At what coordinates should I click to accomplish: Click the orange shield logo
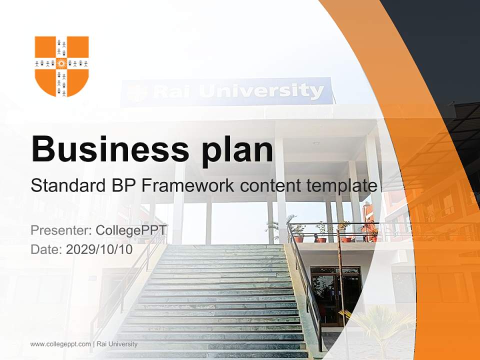pyautogui.click(x=61, y=66)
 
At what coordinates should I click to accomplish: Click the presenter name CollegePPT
pyautogui.click(x=131, y=230)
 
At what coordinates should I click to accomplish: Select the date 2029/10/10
pyautogui.click(x=99, y=249)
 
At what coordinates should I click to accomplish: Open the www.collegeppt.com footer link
pyautogui.click(x=60, y=344)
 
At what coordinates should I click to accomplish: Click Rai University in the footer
pyautogui.click(x=117, y=344)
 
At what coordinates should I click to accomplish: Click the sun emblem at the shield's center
pyautogui.click(x=61, y=63)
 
